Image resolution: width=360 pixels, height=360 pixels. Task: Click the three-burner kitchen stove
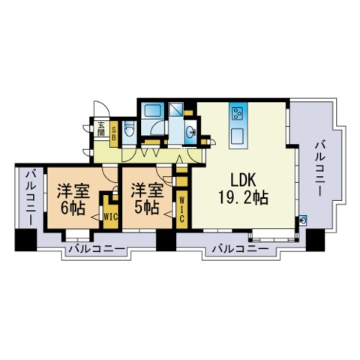tap(240, 114)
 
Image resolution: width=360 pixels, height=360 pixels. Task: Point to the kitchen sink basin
tap(238, 136)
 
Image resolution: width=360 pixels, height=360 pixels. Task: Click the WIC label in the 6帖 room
tap(109, 216)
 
